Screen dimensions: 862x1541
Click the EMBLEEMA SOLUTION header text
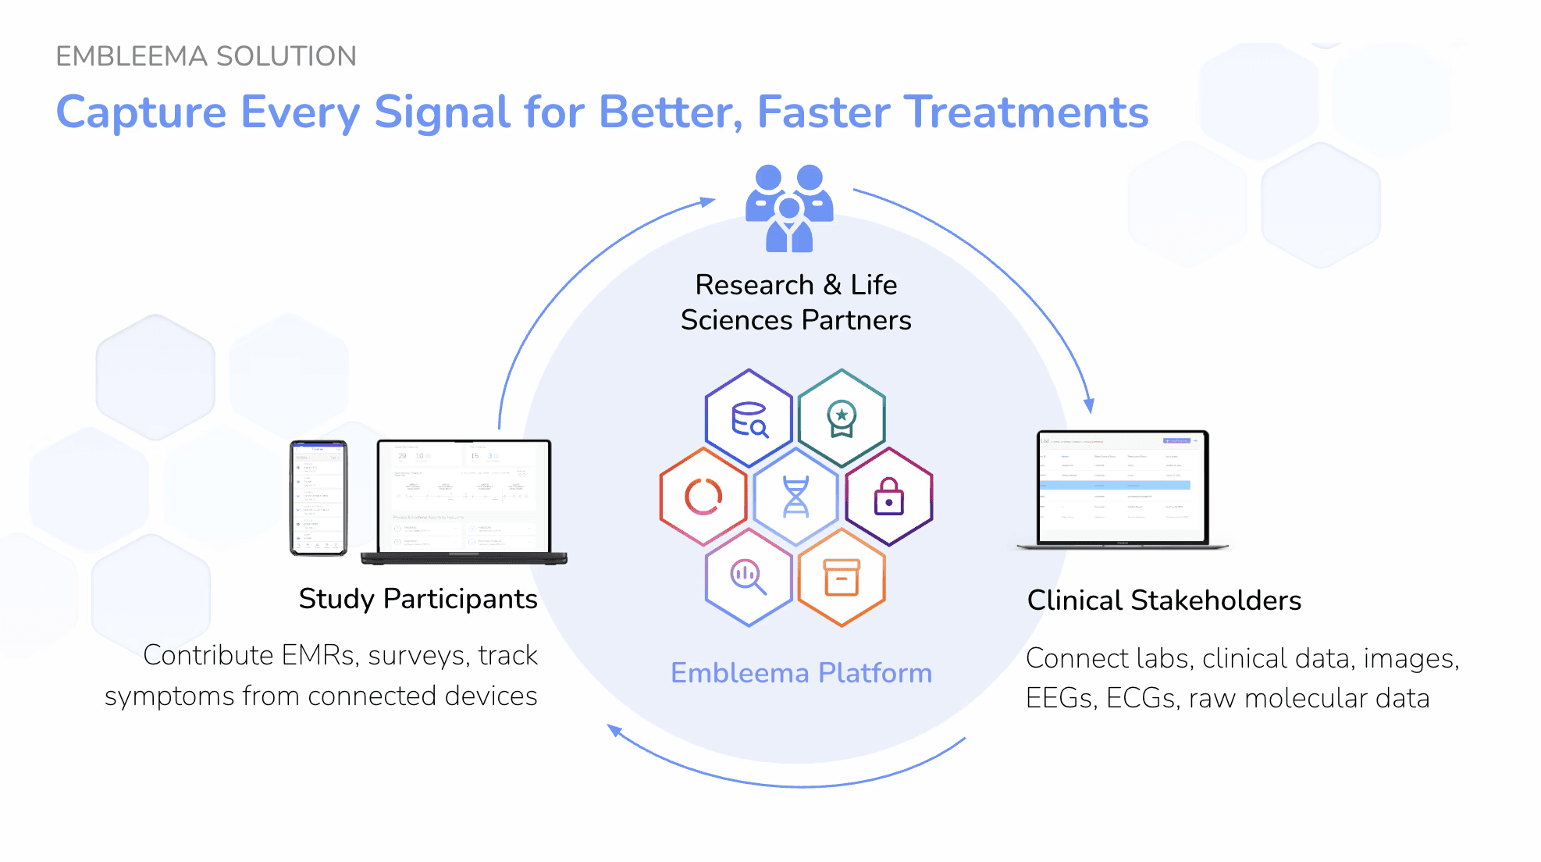pos(206,56)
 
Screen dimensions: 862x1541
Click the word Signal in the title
pos(442,112)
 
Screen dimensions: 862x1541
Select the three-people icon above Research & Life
pos(789,208)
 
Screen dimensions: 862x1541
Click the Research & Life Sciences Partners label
pos(795,302)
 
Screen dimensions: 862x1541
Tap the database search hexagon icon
pos(749,419)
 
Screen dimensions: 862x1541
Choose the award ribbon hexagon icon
pos(842,419)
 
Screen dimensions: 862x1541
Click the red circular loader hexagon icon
pos(703,497)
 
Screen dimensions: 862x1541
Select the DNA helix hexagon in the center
pos(795,497)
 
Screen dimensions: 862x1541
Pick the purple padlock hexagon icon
pos(888,497)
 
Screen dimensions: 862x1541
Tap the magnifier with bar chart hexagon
pos(749,578)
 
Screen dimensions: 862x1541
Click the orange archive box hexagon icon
pos(842,578)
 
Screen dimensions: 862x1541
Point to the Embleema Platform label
pos(801,673)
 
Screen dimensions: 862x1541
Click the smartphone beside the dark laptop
pos(319,498)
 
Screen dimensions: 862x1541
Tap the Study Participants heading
pos(418,599)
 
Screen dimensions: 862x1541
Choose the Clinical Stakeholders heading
pos(1164,600)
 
